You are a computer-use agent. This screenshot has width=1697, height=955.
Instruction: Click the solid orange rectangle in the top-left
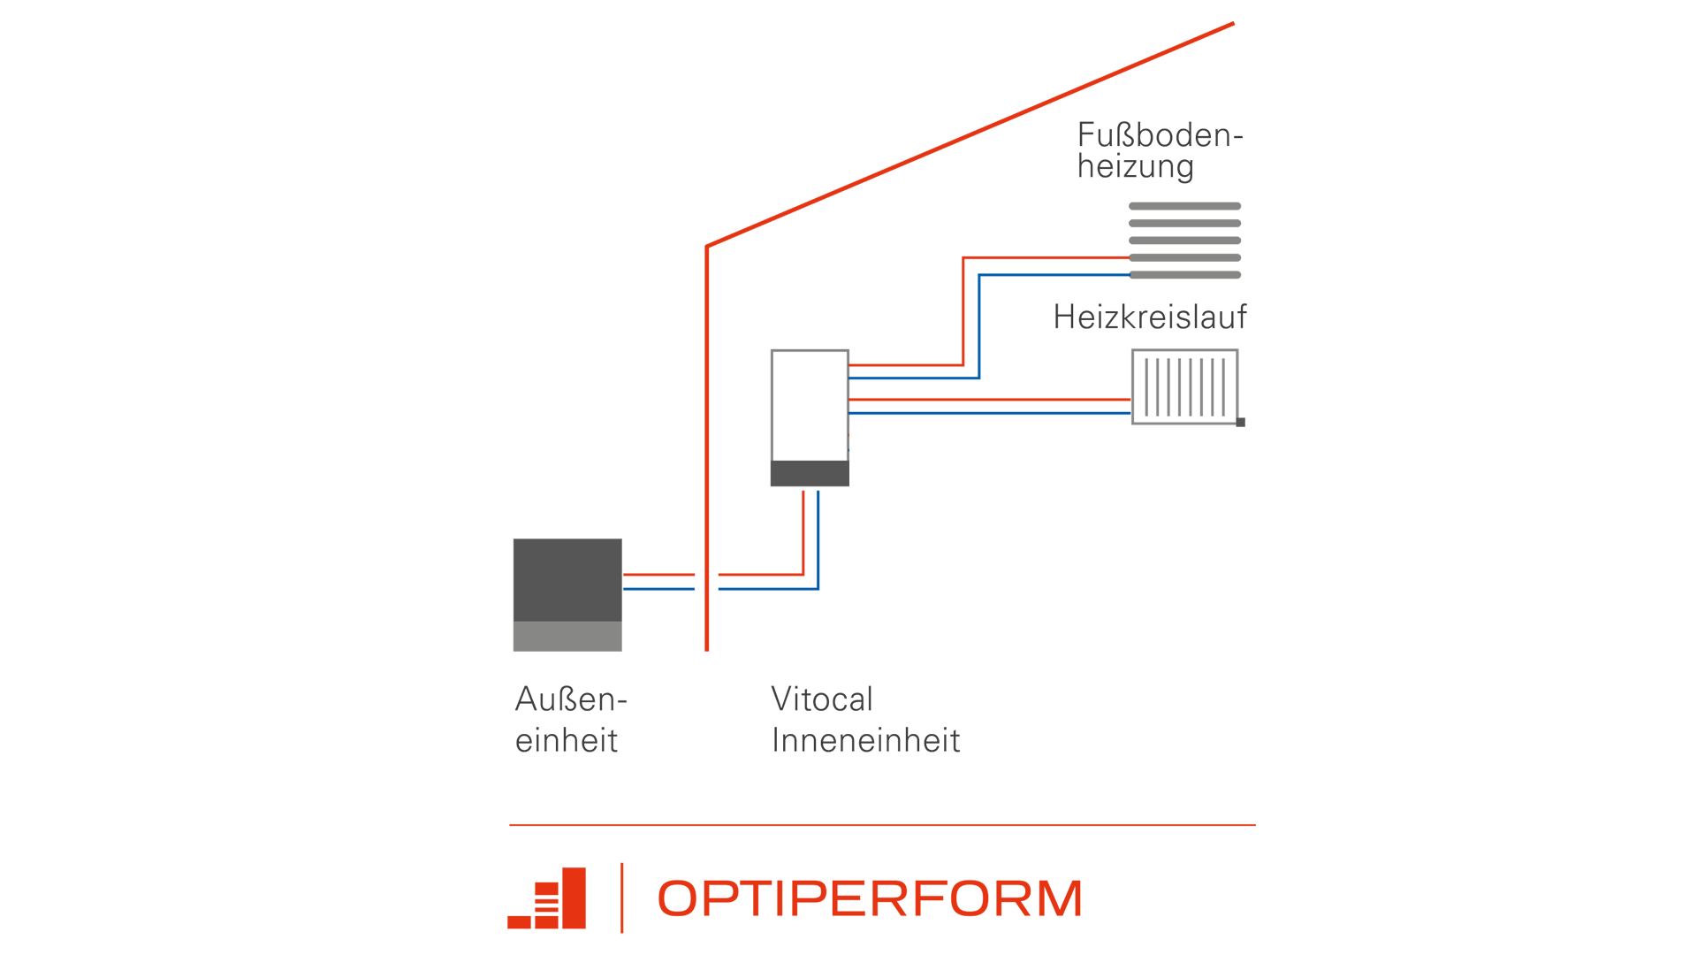(613, 133)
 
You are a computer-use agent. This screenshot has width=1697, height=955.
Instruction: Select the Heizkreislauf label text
(1149, 318)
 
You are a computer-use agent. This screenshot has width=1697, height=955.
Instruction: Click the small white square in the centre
(810, 405)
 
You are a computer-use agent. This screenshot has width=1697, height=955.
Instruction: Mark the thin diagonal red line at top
(972, 133)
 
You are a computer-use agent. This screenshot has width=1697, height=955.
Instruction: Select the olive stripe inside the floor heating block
(1184, 247)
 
